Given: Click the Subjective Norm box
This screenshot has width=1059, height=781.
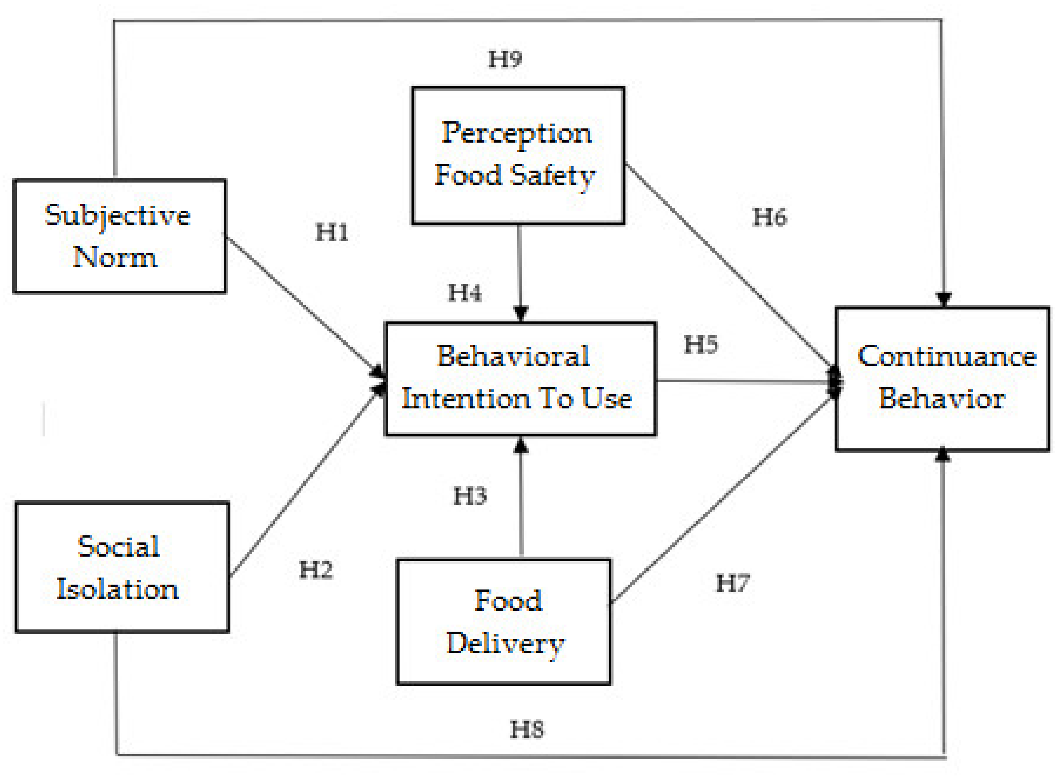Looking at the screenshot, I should (119, 236).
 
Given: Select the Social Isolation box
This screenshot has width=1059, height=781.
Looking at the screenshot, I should (122, 567).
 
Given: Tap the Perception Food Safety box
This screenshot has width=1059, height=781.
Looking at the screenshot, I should (518, 156).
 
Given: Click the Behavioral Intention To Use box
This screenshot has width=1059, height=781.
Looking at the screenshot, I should (521, 379).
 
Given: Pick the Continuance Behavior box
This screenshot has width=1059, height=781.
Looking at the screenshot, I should (942, 379).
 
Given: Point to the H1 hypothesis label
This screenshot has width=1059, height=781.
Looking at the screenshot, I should (332, 233).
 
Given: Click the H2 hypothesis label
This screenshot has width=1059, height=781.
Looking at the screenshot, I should (316, 570).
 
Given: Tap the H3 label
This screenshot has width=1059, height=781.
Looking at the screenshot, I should (470, 497).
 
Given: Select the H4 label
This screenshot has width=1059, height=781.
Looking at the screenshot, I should (465, 293).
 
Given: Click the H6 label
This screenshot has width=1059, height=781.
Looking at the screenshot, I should (770, 218).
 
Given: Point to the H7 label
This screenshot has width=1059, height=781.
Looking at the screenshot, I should (732, 584).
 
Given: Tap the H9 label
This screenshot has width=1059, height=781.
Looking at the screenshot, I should (505, 59).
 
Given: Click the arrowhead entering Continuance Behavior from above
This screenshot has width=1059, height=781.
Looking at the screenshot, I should (944, 300).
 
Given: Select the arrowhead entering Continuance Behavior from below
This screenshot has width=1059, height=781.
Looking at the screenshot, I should (943, 455).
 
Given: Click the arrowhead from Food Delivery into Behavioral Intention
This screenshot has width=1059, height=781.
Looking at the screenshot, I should (521, 445).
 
